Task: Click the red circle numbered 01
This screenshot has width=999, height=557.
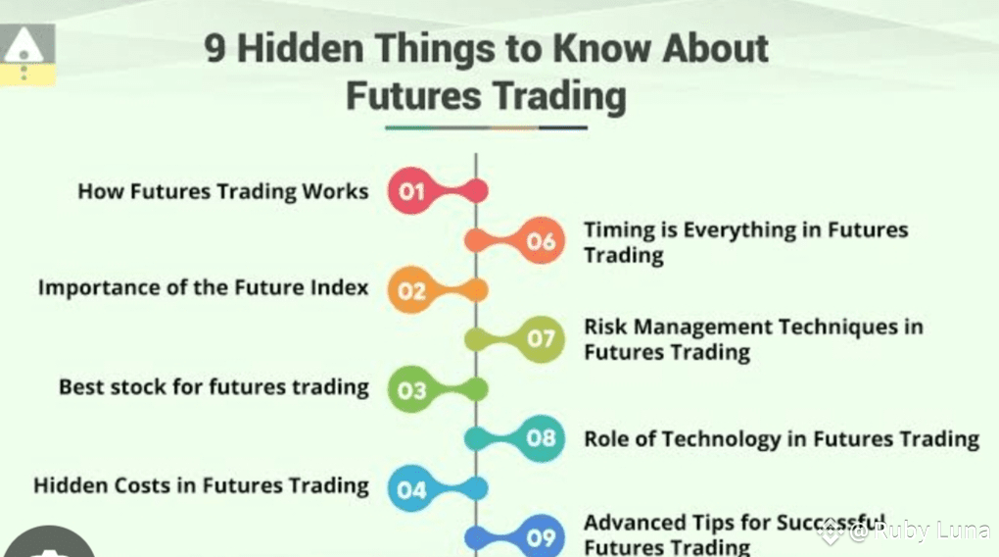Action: [411, 191]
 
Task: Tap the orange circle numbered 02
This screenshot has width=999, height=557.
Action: [411, 290]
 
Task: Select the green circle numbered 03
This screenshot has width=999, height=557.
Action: [411, 389]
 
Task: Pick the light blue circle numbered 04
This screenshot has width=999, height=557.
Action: [411, 488]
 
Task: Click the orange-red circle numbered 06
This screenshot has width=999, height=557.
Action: [541, 240]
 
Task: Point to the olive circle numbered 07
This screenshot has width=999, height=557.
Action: [541, 338]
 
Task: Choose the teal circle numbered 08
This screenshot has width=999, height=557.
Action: [541, 438]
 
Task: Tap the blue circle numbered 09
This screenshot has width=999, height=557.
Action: [541, 537]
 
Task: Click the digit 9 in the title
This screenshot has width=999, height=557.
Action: [215, 48]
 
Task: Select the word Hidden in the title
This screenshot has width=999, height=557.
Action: [300, 48]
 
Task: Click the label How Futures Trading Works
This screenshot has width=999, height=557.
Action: [223, 191]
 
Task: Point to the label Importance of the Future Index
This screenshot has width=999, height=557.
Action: [204, 287]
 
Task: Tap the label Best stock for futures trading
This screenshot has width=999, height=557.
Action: [214, 387]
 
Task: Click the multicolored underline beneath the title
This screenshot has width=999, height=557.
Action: [486, 127]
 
